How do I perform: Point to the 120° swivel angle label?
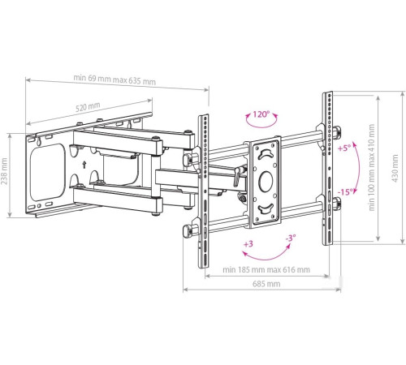pyautogui.click(x=261, y=114)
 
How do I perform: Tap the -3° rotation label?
pyautogui.click(x=289, y=238)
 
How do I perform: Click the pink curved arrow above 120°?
pyautogui.click(x=261, y=124)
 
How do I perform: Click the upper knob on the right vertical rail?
pyautogui.click(x=335, y=132)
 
